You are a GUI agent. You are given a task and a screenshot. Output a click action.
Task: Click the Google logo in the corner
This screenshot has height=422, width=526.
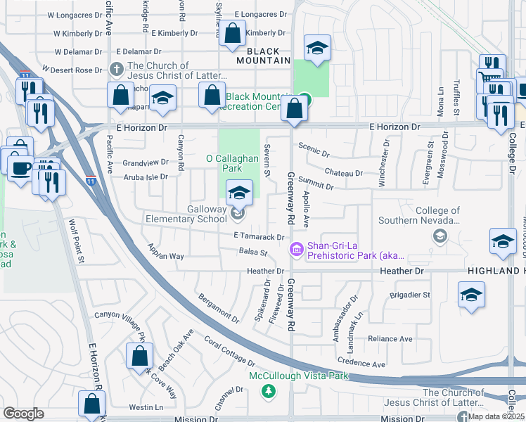(23, 414)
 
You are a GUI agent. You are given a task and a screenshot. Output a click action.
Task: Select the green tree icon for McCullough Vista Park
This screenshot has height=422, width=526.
(267, 390)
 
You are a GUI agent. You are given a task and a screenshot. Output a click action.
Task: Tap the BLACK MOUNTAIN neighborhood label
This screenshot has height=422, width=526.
(268, 56)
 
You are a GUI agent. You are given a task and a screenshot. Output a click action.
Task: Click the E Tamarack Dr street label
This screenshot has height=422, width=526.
(261, 238)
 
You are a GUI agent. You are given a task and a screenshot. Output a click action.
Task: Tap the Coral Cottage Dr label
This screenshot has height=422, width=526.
(229, 350)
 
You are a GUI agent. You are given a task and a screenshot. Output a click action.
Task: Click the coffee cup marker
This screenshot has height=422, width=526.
(20, 167)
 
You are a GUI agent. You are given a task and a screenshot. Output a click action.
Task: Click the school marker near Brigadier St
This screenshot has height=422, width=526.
(471, 295)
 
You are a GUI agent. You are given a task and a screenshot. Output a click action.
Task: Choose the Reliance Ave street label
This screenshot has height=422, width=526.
(390, 338)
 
